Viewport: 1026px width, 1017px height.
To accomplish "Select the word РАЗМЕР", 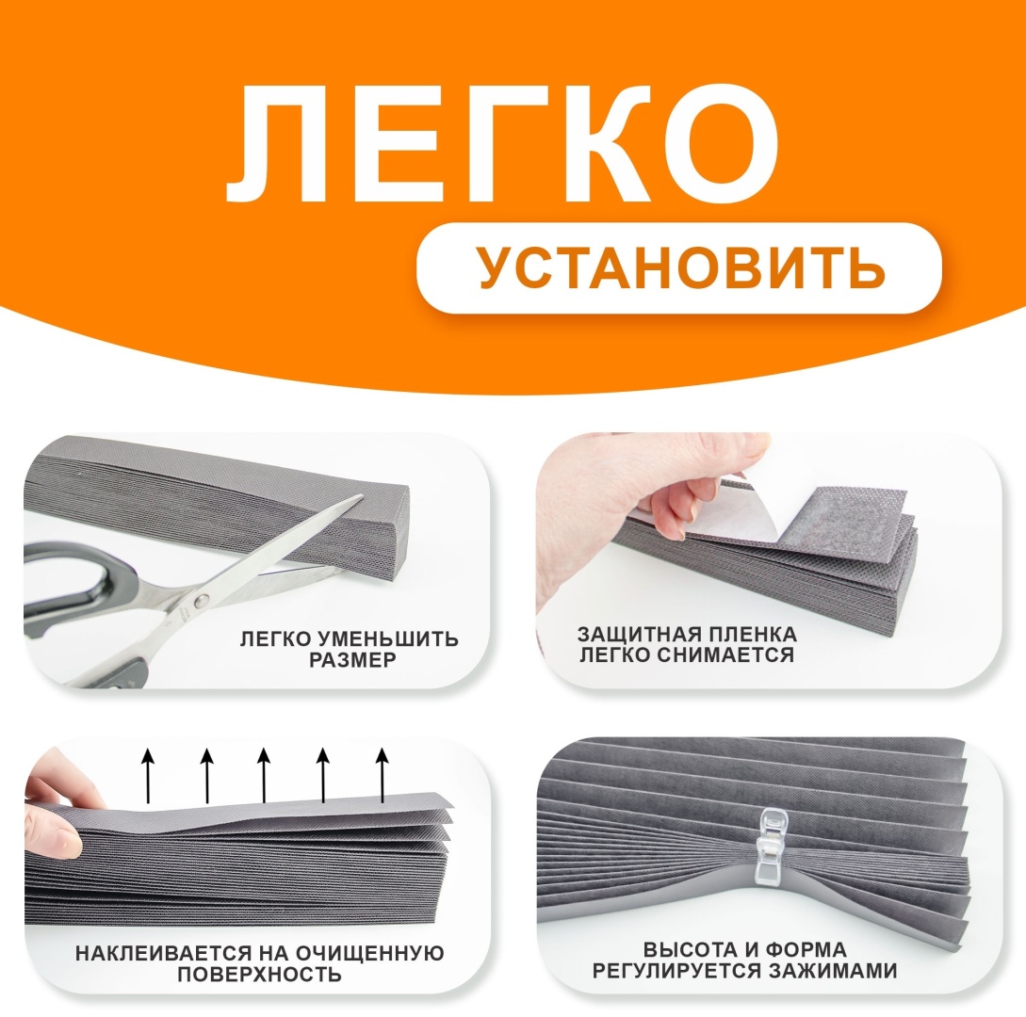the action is pyautogui.click(x=352, y=660).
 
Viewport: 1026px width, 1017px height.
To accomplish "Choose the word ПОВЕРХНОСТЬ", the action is pyautogui.click(x=259, y=975).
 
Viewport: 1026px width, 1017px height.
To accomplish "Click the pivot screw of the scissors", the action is pyautogui.click(x=203, y=597).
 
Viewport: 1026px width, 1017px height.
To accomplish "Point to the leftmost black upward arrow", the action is pyautogui.click(x=149, y=776).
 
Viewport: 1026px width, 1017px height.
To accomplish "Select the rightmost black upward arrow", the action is pyautogui.click(x=382, y=776).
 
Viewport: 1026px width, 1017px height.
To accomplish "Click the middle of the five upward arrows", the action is pyautogui.click(x=264, y=776).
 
